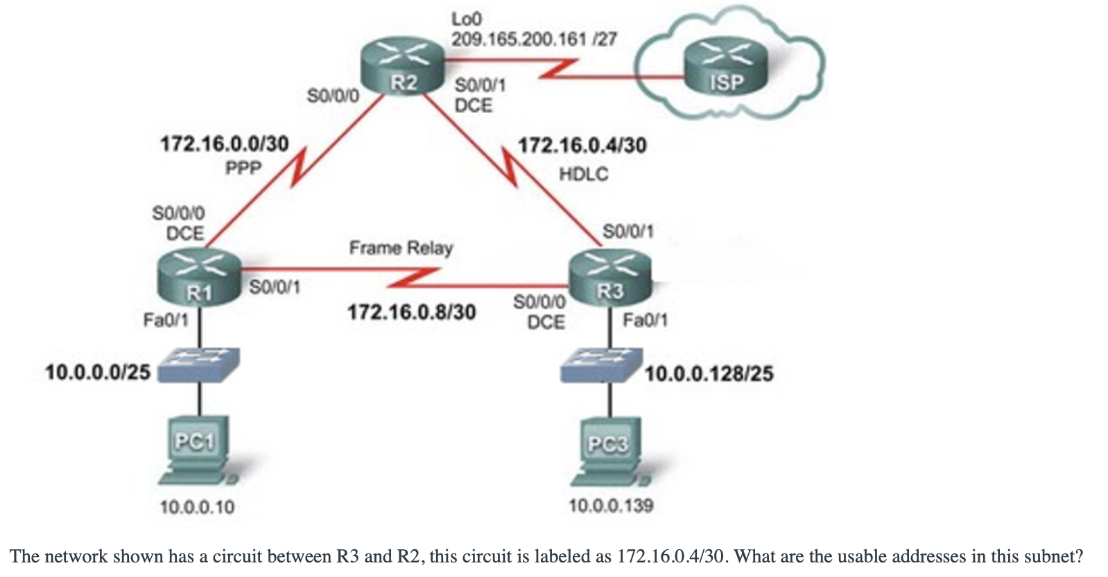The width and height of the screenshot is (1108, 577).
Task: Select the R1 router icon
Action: tap(199, 277)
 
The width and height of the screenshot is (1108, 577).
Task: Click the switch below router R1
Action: tap(198, 364)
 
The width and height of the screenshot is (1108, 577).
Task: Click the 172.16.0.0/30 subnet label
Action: tap(224, 144)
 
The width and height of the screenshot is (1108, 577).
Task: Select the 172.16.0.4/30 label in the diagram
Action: tap(582, 145)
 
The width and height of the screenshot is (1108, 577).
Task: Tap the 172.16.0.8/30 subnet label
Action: tap(411, 312)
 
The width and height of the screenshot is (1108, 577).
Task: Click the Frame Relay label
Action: tap(401, 248)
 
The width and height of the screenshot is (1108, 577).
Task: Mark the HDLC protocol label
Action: tap(583, 173)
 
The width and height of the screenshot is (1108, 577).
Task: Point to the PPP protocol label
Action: tap(243, 168)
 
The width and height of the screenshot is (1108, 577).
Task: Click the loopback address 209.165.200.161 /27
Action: tap(534, 40)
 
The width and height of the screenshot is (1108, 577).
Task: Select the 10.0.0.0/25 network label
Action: tap(98, 372)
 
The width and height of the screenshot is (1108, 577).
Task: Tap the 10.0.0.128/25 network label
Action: tap(709, 374)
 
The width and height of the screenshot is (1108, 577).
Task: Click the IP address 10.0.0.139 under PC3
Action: tap(611, 506)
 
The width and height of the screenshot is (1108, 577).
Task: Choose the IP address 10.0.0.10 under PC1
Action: tap(197, 507)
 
